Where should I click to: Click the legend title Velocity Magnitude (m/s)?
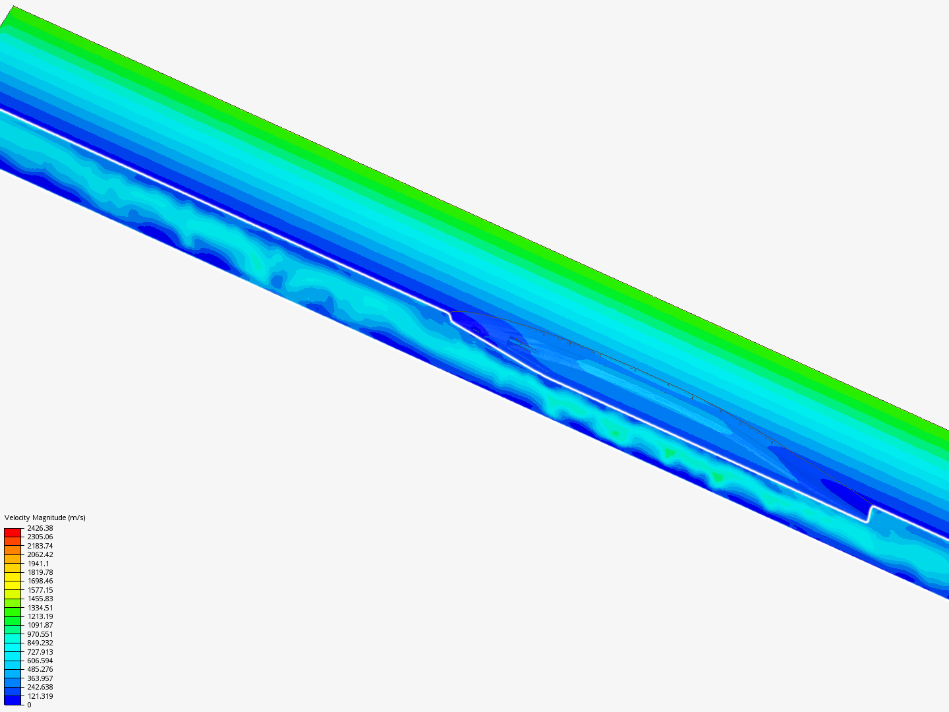(45, 518)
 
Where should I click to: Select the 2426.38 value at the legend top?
(40, 528)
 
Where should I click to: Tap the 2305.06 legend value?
(40, 537)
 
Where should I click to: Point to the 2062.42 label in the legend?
(40, 554)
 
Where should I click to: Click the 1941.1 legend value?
(38, 564)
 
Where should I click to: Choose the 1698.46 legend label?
(40, 581)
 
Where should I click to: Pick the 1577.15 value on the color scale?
(40, 590)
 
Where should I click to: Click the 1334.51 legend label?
(40, 608)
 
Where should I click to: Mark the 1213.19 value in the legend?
(40, 616)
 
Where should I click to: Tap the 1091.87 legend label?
(40, 625)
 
